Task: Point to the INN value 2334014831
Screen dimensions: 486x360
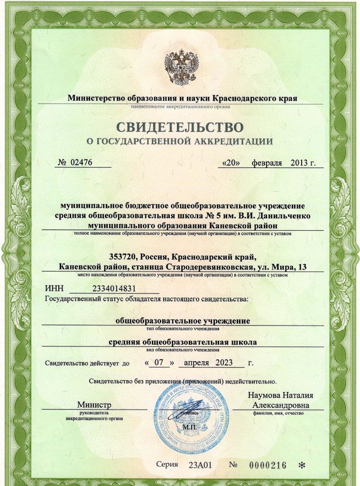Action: (114, 289)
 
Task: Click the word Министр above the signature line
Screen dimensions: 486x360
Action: (94, 405)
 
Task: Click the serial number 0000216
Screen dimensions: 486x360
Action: (268, 465)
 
